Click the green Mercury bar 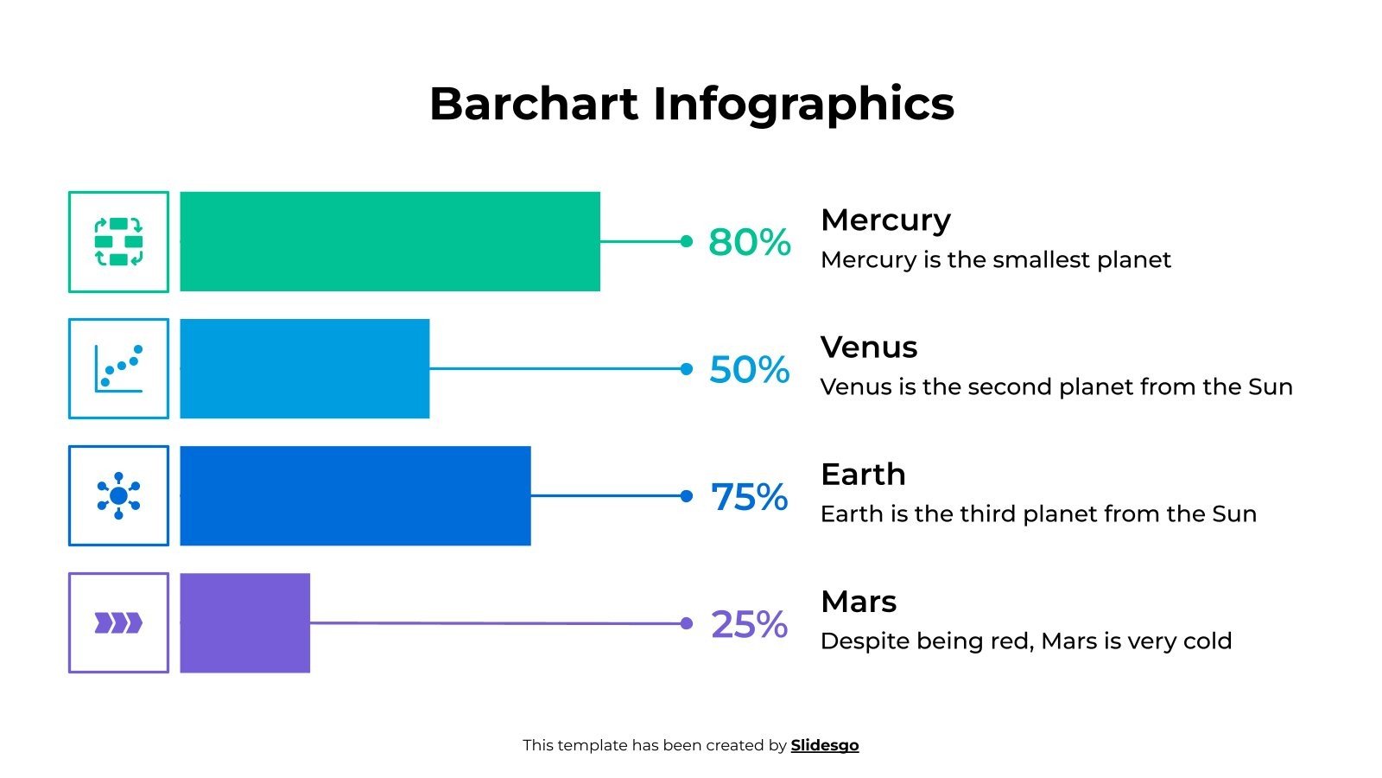[390, 241]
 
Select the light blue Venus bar [304, 368]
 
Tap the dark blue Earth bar [355, 495]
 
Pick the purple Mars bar [244, 622]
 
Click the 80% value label [749, 242]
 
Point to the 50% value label [749, 369]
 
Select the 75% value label [749, 496]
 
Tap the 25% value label [749, 624]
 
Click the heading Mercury [885, 220]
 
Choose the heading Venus [868, 348]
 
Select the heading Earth [863, 475]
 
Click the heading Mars [859, 602]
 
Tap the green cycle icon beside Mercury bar [118, 241]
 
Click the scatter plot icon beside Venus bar [118, 368]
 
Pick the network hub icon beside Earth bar [118, 495]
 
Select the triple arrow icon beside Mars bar [118, 622]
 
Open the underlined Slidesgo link [825, 745]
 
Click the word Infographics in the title [803, 104]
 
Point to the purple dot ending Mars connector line [687, 623]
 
